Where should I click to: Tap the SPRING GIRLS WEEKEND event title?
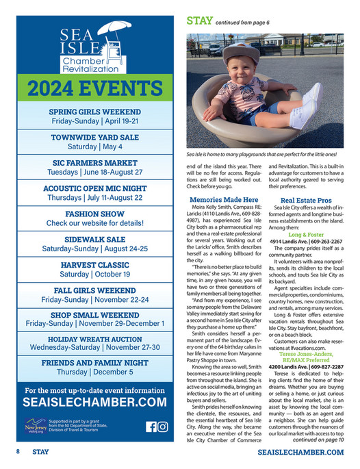click(x=94, y=111)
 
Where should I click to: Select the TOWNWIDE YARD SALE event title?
click(x=94, y=136)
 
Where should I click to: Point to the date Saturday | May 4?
click(x=94, y=147)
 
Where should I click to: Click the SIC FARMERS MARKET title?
click(x=94, y=162)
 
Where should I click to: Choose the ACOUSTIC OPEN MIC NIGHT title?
click(x=94, y=188)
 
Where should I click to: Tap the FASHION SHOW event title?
click(x=94, y=213)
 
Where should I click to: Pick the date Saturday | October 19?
click(x=94, y=274)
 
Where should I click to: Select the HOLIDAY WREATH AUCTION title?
click(x=94, y=338)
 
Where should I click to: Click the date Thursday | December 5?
click(x=94, y=372)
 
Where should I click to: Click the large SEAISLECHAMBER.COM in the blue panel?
click(x=94, y=403)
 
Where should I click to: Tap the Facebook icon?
click(x=151, y=427)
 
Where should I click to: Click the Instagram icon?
click(x=163, y=427)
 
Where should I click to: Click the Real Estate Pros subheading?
click(x=306, y=200)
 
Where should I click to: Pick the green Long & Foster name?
click(x=306, y=234)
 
